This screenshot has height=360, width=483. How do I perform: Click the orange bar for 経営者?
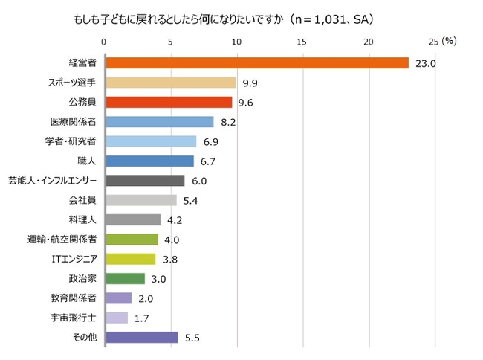[x=257, y=63]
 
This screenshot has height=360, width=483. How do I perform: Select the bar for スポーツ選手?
[x=171, y=83]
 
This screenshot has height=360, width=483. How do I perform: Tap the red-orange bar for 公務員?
[x=169, y=102]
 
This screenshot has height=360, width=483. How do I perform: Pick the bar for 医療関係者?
[x=160, y=122]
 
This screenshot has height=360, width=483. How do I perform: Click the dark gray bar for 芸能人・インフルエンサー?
[x=145, y=180]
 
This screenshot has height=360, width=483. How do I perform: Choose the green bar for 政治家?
[x=126, y=278]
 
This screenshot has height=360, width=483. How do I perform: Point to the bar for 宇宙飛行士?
[x=117, y=318]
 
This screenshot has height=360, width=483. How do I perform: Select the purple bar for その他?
[x=142, y=337]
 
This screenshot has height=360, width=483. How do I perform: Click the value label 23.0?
[x=425, y=64]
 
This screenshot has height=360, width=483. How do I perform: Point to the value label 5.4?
[x=192, y=200]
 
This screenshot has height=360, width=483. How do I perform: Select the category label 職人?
[x=87, y=161]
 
